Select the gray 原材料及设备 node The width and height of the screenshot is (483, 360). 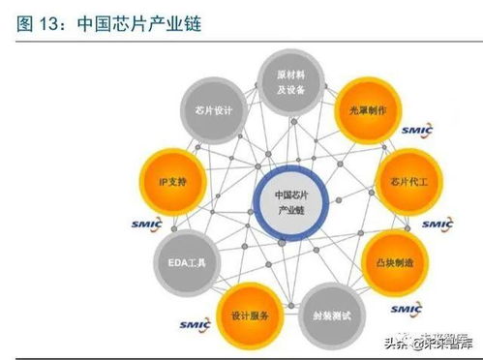pyautogui.click(x=291, y=81)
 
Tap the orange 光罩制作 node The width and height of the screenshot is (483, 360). pyautogui.click(x=367, y=111)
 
